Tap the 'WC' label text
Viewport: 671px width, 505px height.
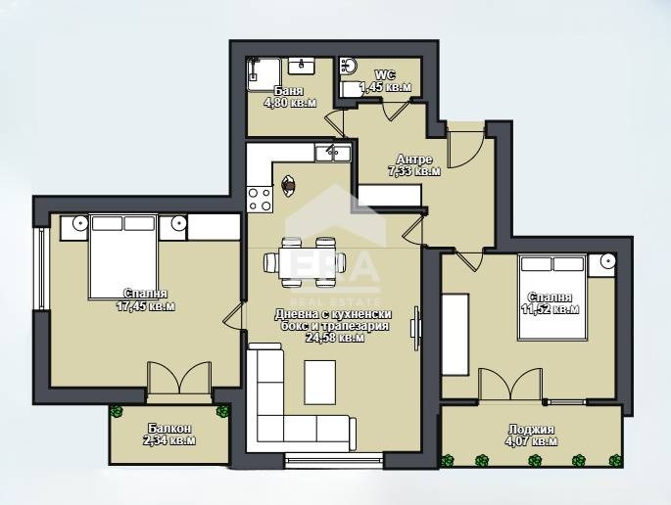383,73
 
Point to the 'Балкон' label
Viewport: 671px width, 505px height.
169,429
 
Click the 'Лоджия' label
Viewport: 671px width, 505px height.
532,429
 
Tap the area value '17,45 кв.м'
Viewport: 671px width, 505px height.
145,306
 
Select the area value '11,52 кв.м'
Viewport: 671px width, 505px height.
550,309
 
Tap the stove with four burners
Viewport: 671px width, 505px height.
260,200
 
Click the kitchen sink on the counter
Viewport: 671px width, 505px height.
333,152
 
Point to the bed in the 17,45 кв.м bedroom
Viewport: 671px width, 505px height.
122,256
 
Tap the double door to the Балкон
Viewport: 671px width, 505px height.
178,380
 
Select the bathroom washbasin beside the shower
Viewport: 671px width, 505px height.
301,68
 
